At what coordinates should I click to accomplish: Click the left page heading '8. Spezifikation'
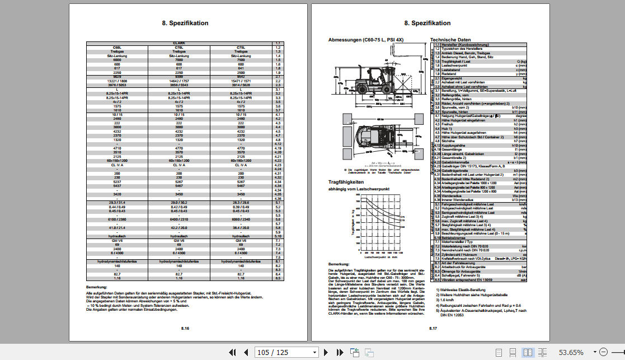click(x=185, y=23)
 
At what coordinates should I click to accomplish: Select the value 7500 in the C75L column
click(x=241, y=60)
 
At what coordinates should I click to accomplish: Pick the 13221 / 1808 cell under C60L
click(x=117, y=81)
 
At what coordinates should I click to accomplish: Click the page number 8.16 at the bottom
click(x=185, y=329)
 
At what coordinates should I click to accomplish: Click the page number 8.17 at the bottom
click(x=433, y=329)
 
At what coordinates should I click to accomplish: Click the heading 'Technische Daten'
click(x=450, y=40)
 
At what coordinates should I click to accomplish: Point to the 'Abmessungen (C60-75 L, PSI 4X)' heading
click(x=365, y=40)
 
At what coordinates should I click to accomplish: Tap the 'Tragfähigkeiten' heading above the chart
click(x=346, y=182)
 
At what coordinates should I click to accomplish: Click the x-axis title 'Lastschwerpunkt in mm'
click(x=380, y=257)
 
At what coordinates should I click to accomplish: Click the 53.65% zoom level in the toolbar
click(x=571, y=352)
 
